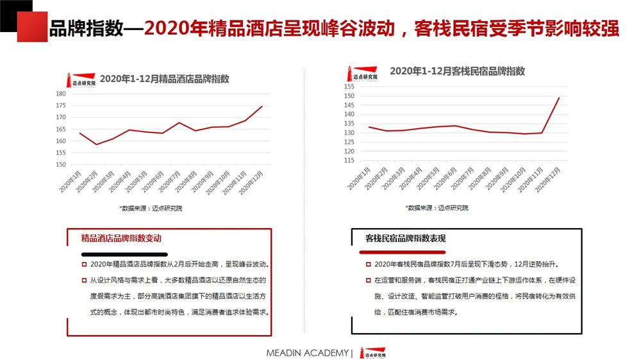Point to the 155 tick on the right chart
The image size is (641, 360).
349,86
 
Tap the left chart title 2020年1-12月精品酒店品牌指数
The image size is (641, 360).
164,79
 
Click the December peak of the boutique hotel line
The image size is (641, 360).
262,106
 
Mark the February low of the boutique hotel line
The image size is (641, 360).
96,144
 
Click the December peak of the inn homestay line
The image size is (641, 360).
559,98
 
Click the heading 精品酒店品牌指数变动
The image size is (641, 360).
121,238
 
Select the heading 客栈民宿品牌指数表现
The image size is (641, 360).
405,238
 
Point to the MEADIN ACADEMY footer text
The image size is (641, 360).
308,353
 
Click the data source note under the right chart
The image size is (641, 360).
437,208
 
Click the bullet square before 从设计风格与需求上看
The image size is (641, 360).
83,280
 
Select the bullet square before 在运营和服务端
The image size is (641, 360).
369,280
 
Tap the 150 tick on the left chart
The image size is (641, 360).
61,165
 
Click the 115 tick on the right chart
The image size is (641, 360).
349,161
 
